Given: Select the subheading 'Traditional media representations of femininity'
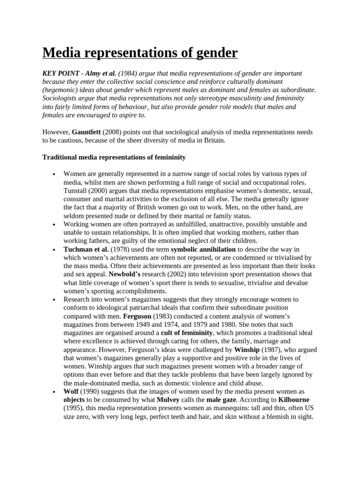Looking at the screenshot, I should [x=114, y=157].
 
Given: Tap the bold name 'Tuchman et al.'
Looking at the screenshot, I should [x=86, y=249].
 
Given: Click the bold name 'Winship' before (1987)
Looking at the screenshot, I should [x=247, y=349].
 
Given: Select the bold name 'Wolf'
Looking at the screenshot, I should [x=71, y=391].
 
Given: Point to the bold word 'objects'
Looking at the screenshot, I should [x=74, y=399].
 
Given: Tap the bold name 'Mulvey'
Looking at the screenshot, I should [x=168, y=399].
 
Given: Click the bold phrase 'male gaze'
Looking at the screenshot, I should [x=223, y=399].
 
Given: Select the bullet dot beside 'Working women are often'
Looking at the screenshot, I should [x=54, y=225].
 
